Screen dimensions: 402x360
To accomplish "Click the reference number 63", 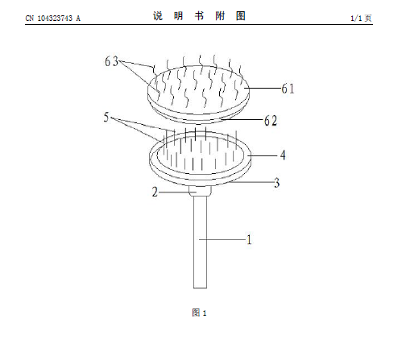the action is point(111,61).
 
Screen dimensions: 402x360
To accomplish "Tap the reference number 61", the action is point(288,89).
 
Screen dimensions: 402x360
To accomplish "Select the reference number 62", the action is point(271,121).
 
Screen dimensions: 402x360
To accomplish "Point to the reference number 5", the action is point(106,117).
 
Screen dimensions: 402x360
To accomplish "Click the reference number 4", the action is point(283,155).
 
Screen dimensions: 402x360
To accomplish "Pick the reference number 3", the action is point(277,183).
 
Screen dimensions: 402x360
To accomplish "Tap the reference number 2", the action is point(155,192).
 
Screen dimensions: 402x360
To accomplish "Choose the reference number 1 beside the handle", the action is point(249,240).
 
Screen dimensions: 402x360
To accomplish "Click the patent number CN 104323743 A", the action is point(53,19).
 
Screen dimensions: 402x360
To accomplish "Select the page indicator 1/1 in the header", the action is point(356,19).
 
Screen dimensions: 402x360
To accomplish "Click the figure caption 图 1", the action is point(199,312).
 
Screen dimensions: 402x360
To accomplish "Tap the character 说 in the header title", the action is point(158,16).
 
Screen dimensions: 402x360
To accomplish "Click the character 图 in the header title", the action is point(241,16).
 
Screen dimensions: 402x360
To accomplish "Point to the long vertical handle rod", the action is point(201,242).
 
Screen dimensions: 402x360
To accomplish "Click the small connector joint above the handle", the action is point(200,191).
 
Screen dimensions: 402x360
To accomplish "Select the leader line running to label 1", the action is point(222,239).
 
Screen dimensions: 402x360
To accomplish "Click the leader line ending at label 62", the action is point(242,119).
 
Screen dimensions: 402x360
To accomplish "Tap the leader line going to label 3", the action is point(252,182).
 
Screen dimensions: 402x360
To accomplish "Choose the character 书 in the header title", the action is point(199,16).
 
